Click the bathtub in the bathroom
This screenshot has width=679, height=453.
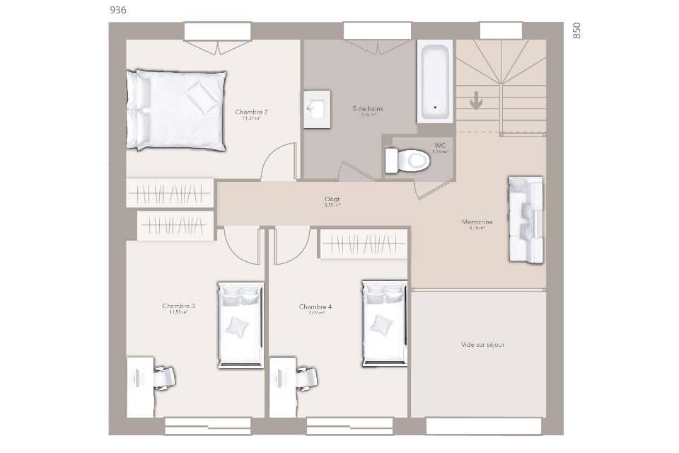click(434, 81)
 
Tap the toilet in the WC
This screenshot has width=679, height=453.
click(408, 160)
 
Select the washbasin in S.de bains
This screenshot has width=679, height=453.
click(317, 110)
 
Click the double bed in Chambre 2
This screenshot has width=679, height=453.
click(177, 110)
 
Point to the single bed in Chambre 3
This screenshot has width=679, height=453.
click(240, 325)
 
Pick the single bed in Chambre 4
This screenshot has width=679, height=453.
click(384, 323)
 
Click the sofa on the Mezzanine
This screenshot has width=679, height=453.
click(526, 219)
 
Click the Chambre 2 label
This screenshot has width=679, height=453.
click(251, 112)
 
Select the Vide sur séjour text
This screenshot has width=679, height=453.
click(482, 345)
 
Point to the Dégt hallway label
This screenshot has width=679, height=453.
click(332, 200)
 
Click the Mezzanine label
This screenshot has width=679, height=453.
click(477, 222)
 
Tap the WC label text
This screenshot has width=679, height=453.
click(440, 145)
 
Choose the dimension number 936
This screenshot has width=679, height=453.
click(119, 10)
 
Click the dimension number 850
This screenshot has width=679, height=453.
click(576, 30)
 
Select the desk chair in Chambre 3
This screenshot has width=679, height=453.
click(164, 377)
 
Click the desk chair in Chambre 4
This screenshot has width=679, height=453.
click(306, 378)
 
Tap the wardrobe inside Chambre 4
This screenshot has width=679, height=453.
click(364, 244)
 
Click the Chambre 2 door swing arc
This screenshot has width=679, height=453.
click(277, 161)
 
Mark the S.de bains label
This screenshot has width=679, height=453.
click(368, 108)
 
